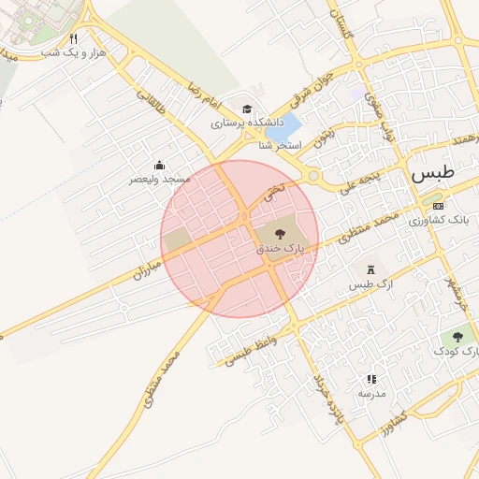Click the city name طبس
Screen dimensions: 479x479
point(433,173)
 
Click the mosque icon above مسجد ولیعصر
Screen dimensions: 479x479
point(160,165)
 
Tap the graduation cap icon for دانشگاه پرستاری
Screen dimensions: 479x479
point(247,109)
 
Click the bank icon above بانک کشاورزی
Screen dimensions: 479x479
point(438,206)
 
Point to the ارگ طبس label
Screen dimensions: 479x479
point(368,283)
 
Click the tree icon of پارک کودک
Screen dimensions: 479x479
point(457,337)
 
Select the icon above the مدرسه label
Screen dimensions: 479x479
point(371,380)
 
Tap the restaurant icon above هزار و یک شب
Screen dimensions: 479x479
point(74,40)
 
